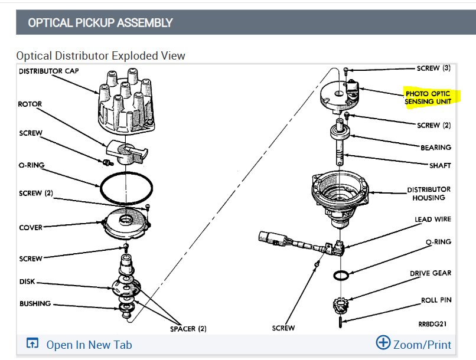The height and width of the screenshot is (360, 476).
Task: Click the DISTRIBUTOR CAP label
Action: coord(48,71)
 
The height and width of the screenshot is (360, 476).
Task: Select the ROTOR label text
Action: coord(30,104)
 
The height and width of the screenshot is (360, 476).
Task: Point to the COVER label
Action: coord(31,227)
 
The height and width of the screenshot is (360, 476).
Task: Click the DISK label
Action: coord(27,282)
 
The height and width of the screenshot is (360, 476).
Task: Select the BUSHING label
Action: coord(35,304)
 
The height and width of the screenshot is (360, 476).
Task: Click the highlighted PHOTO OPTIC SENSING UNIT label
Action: coord(428,97)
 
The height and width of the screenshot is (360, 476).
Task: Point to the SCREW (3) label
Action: coord(433,68)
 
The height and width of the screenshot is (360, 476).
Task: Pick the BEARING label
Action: coord(436,148)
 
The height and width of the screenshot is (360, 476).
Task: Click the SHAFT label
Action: coord(439,165)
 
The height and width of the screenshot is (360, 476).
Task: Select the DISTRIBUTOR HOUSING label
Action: coord(429,194)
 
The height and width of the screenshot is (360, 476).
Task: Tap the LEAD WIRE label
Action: coord(433,219)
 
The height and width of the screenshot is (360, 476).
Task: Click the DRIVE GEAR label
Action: coord(431,273)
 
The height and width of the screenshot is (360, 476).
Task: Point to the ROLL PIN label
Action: coord(436,300)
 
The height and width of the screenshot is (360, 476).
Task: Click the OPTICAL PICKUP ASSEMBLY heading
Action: coord(100,23)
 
